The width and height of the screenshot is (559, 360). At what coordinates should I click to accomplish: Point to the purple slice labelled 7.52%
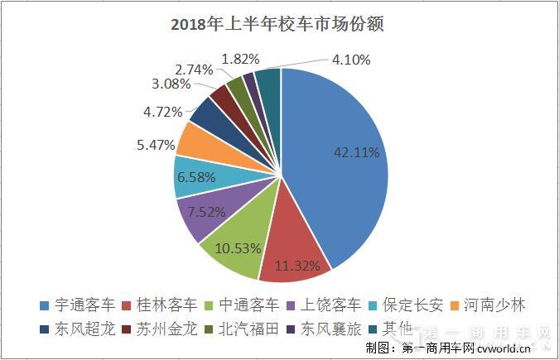pos(203,214)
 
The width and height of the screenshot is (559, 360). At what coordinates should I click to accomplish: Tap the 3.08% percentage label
pos(171,84)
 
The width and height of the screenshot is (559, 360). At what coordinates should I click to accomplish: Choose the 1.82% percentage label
pos(241,58)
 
